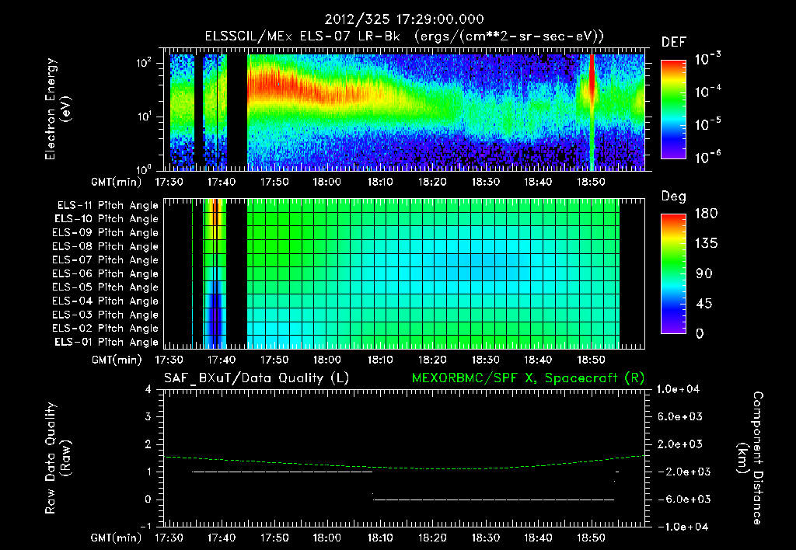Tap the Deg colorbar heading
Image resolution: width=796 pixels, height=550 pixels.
coord(673,197)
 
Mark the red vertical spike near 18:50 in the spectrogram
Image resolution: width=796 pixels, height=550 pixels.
coord(592,82)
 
